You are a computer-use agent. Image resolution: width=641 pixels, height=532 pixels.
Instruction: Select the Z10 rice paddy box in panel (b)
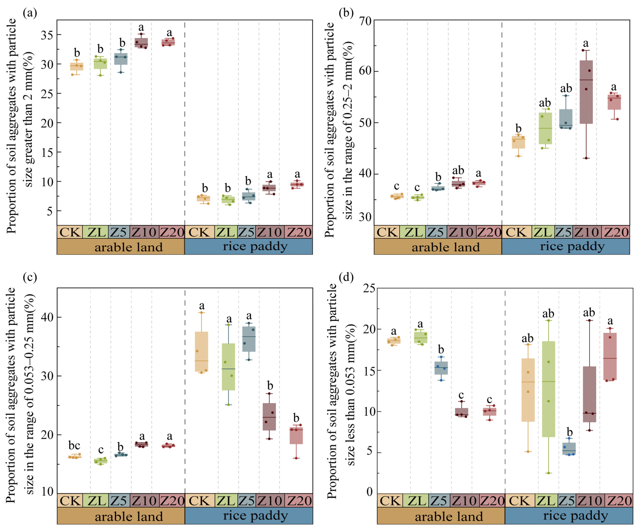click(x=586, y=92)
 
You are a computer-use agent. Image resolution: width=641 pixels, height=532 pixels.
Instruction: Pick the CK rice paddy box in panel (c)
click(x=201, y=351)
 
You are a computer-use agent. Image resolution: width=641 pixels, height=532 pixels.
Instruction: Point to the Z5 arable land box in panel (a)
click(x=121, y=59)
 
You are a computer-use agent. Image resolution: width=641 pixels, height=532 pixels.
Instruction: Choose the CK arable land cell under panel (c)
click(x=70, y=500)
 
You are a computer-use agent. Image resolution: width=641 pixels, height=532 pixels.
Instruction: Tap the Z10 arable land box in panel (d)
click(x=462, y=412)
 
